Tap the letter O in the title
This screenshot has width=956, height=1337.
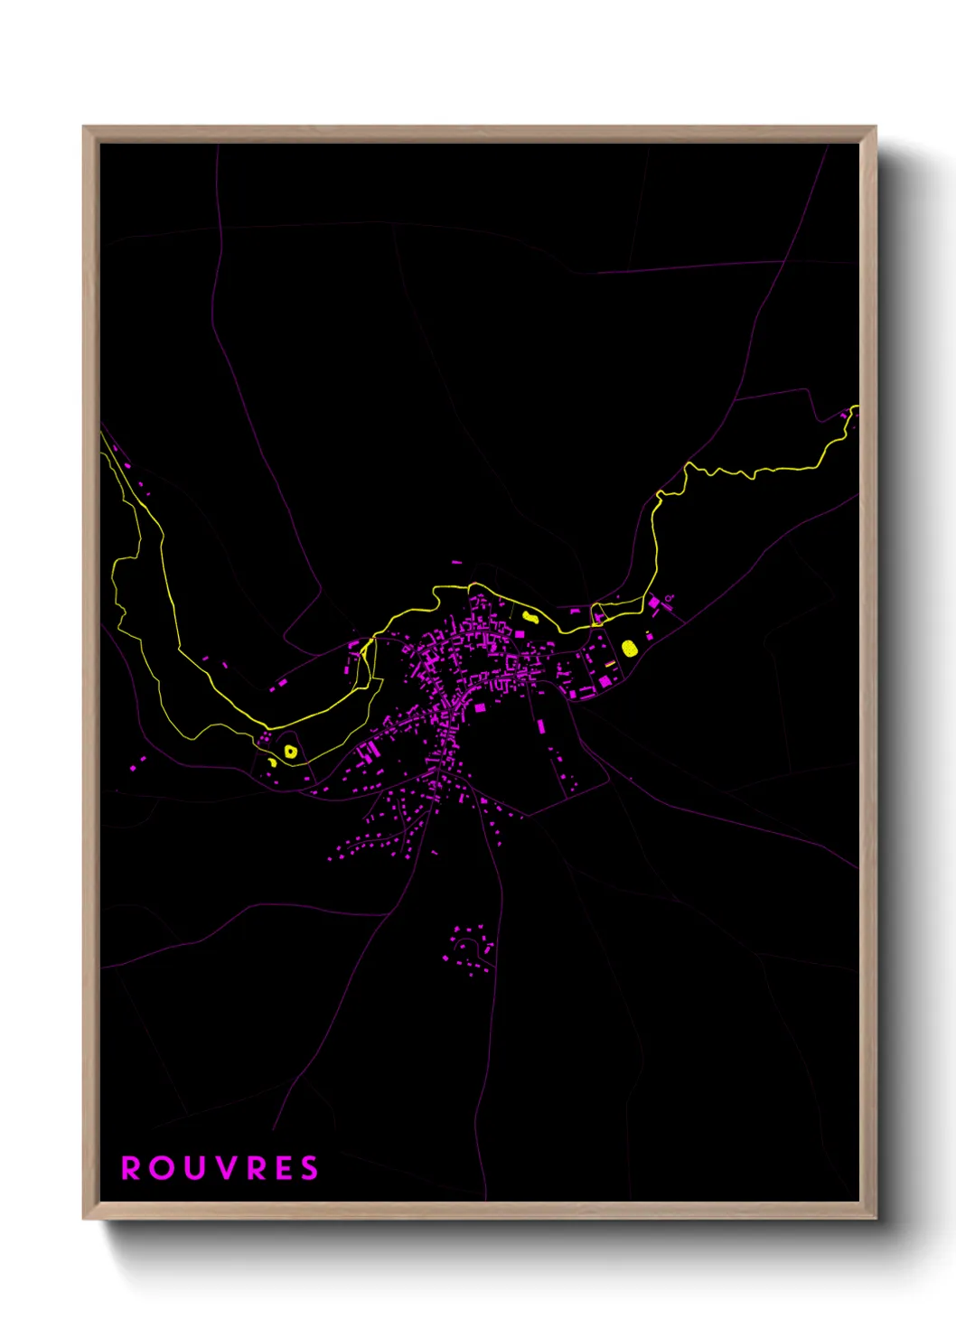point(162,1168)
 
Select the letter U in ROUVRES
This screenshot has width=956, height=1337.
point(193,1168)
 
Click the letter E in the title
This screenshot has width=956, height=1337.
point(282,1168)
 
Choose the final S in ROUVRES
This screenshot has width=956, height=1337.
point(310,1168)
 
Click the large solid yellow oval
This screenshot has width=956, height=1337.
point(630,648)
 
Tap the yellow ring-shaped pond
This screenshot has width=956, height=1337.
point(290,751)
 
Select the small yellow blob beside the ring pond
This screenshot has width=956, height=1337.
point(272,762)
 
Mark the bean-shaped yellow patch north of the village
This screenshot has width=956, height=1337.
point(530,618)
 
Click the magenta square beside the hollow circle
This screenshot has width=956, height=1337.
point(653,602)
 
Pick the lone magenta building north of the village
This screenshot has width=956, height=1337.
point(456,563)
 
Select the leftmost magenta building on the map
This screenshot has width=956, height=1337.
point(132,767)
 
